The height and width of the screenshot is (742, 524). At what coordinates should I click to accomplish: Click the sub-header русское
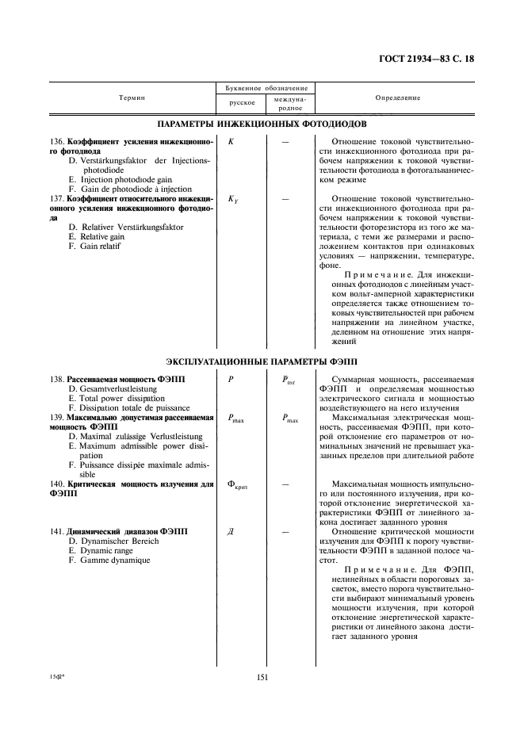[x=241, y=103]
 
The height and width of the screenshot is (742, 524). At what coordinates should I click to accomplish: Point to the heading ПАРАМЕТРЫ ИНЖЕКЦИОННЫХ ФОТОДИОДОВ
[x=262, y=124]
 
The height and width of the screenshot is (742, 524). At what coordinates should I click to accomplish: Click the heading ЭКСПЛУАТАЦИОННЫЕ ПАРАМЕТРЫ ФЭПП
[x=262, y=361]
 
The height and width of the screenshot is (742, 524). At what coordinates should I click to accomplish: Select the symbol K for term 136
[x=231, y=142]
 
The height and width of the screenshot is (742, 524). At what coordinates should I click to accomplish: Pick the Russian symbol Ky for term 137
[x=233, y=200]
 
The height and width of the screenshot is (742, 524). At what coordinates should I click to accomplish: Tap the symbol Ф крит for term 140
[x=238, y=484]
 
